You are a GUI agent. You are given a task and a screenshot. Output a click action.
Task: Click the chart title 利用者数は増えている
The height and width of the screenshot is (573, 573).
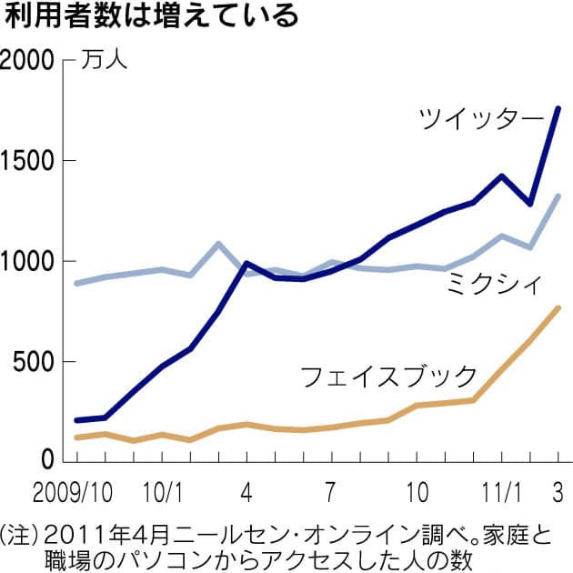(x=151, y=18)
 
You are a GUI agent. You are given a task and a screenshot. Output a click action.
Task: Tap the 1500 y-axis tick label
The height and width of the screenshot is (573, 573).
(x=28, y=161)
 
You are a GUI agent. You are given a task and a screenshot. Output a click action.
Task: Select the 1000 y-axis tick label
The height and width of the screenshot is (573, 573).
(x=28, y=262)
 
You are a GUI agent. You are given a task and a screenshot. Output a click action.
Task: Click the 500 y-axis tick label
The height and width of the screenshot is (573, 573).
(x=36, y=362)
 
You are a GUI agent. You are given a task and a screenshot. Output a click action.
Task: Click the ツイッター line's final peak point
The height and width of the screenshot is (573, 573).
(x=558, y=108)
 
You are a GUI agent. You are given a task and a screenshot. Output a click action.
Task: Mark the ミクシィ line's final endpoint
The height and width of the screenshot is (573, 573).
(x=558, y=196)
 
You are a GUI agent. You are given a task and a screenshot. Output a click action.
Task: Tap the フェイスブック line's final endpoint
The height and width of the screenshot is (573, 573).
(x=558, y=308)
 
